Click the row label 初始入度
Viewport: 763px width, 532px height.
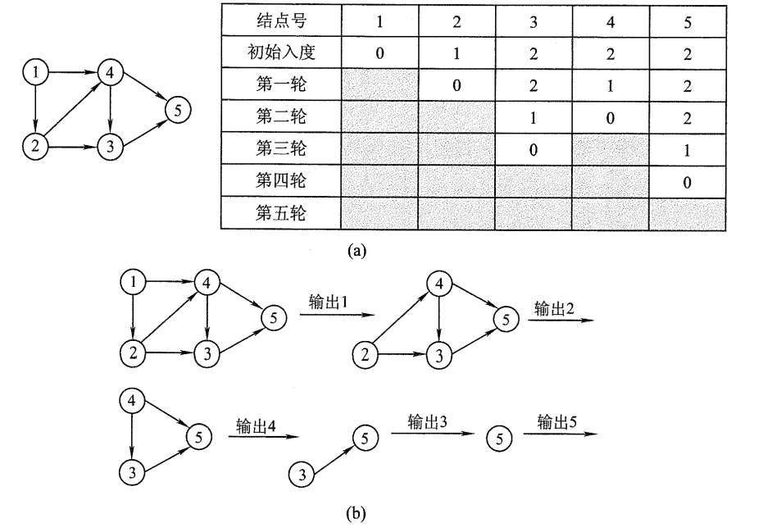click(x=279, y=54)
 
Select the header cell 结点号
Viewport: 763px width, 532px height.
click(x=279, y=21)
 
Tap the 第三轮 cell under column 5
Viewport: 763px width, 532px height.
click(x=687, y=151)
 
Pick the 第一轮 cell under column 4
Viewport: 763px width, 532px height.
click(x=611, y=86)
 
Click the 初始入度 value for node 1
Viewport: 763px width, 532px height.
click(x=379, y=54)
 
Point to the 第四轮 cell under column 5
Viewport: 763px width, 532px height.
click(x=687, y=183)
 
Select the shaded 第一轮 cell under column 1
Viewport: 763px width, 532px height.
click(x=379, y=86)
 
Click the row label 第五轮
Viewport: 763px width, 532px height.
click(x=279, y=215)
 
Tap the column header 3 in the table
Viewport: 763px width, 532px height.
click(x=534, y=21)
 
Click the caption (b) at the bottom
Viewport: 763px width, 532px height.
click(x=357, y=514)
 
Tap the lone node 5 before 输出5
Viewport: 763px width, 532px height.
click(x=497, y=438)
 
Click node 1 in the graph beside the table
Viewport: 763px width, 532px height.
click(x=34, y=73)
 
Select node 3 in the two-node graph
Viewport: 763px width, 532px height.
click(x=303, y=474)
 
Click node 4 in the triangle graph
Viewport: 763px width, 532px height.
click(x=131, y=402)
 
